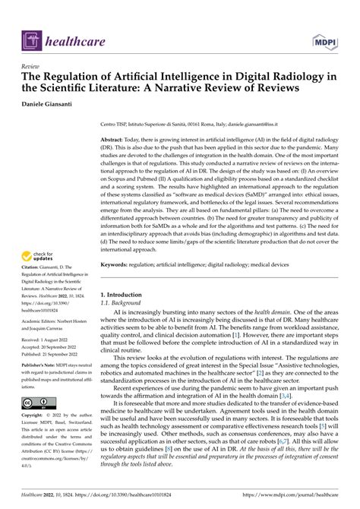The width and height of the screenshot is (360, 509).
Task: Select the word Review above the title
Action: (33, 66)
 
